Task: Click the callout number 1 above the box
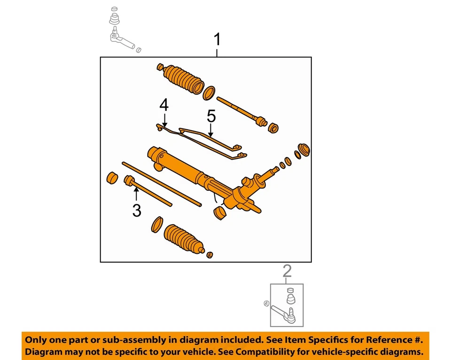coord(217,40)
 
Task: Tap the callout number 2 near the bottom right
coord(287,271)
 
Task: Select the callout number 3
coord(136,211)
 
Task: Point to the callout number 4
coord(163,105)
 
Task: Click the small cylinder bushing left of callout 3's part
coord(112,179)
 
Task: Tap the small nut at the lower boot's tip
coord(210,254)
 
